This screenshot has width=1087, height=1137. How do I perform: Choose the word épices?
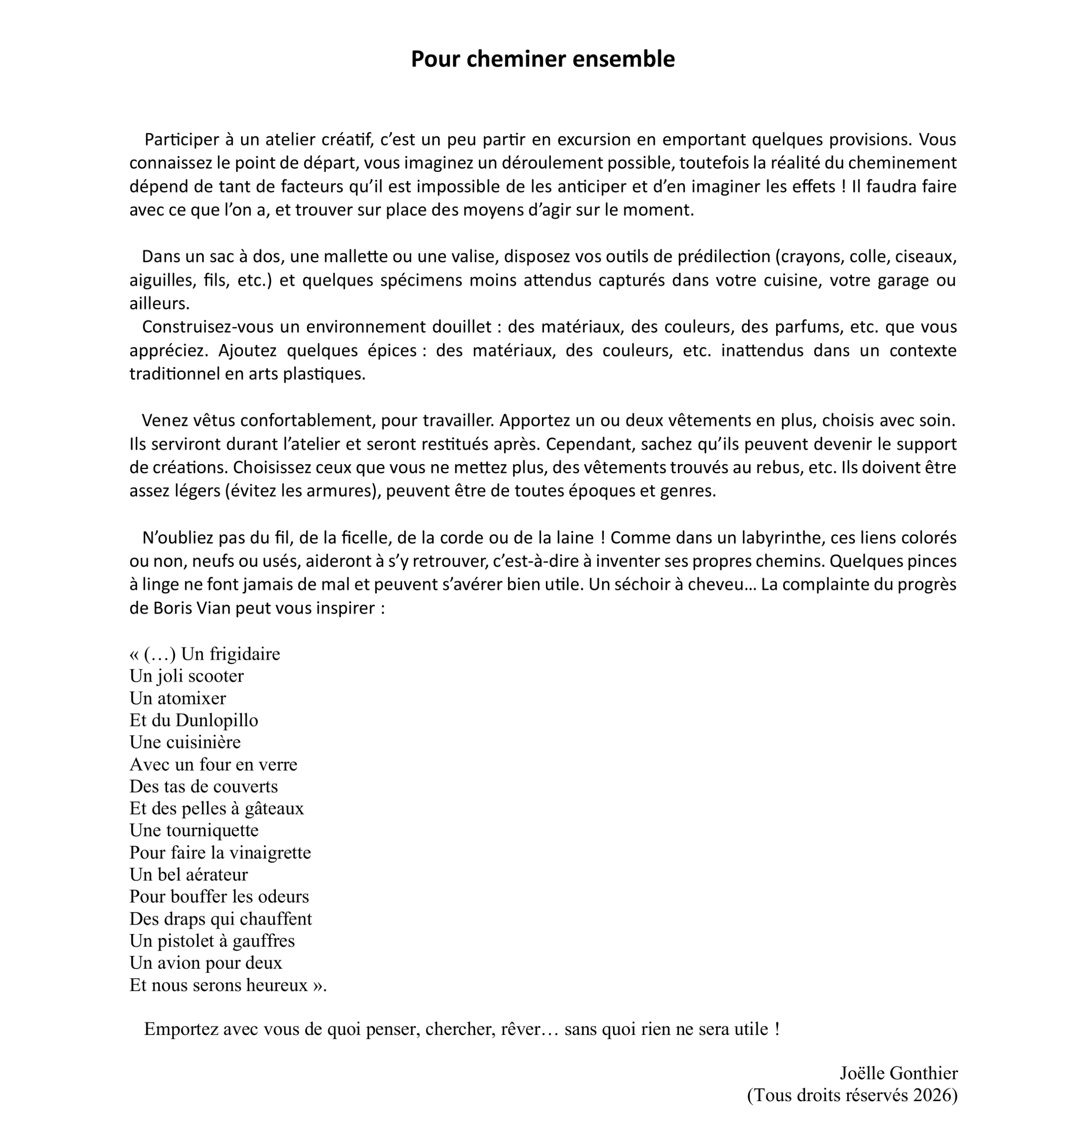point(392,351)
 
